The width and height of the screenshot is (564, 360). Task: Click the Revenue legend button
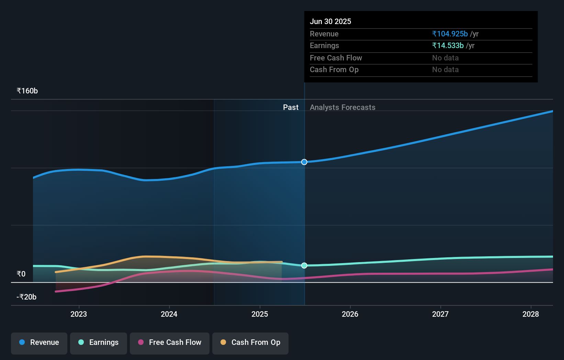[x=39, y=342]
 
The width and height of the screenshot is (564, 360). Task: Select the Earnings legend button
[x=99, y=342]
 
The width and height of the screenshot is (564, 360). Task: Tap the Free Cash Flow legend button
[x=170, y=342]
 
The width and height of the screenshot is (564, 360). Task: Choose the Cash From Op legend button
[x=250, y=342]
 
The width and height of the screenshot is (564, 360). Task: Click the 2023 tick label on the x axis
[x=79, y=314]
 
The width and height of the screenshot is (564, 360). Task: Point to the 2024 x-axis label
[x=169, y=314]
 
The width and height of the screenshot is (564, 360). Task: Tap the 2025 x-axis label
[x=260, y=314]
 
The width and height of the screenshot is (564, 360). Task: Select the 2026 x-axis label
[x=350, y=314]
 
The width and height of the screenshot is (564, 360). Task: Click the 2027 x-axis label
[x=440, y=314]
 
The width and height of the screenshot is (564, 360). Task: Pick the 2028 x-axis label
[x=531, y=314]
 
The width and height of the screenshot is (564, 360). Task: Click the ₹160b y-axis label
[x=27, y=91]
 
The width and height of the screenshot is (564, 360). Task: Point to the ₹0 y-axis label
[x=21, y=274]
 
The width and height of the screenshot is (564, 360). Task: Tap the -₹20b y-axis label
[x=26, y=297]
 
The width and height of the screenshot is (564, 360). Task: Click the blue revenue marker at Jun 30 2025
[x=304, y=162]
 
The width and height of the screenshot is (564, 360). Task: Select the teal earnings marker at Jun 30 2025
[x=304, y=266]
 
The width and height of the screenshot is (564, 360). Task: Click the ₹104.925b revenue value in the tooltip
[x=450, y=34]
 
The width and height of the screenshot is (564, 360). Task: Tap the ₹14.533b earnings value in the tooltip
[x=448, y=45]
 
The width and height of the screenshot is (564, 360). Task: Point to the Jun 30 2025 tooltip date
[x=330, y=21]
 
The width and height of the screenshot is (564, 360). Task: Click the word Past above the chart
[x=291, y=107]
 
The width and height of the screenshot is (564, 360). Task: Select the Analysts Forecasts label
[x=342, y=107]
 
